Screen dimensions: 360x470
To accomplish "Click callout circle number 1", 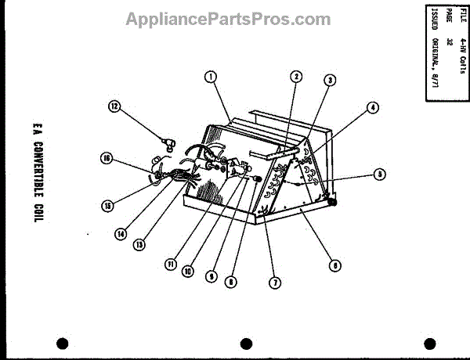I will [210, 76].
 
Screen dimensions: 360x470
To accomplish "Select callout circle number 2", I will [296, 77].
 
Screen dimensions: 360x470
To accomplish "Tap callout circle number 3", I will [331, 80].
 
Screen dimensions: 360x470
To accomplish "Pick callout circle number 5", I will [379, 175].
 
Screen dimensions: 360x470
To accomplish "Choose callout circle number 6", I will [334, 265].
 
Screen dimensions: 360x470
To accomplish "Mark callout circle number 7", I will [274, 283].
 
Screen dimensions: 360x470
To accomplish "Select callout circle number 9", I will [210, 275].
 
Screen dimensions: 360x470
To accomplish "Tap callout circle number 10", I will [188, 270].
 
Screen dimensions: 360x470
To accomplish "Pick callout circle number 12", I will [114, 107].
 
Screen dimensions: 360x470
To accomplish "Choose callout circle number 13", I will [139, 243].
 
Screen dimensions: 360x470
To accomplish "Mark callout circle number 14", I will [121, 232].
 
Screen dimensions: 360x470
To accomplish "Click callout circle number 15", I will [107, 206].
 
